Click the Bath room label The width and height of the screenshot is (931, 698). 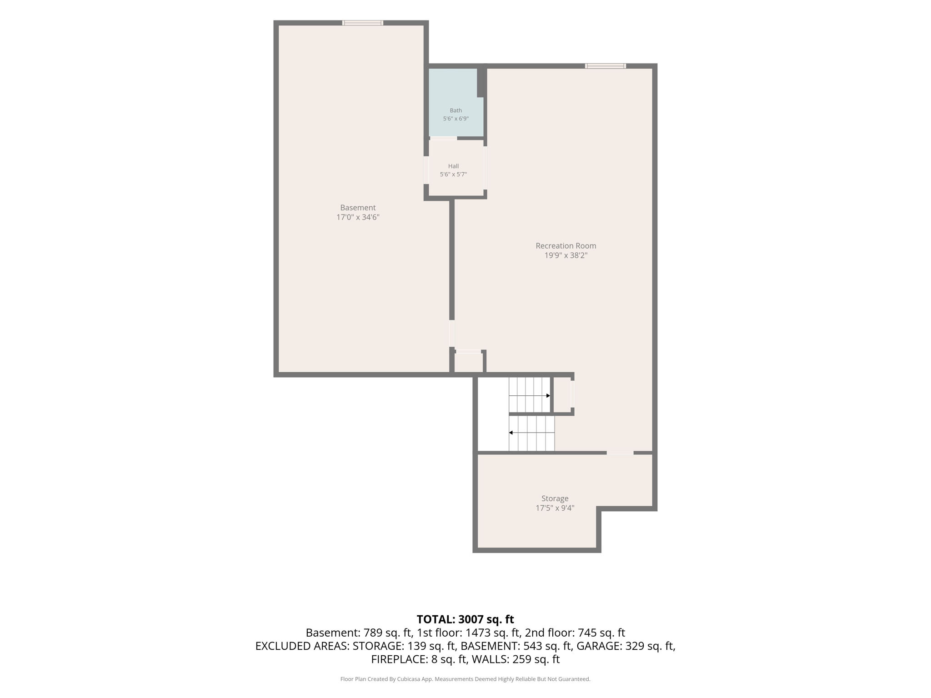455,110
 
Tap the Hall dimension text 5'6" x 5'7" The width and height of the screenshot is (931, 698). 453,174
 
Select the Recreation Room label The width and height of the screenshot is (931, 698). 566,246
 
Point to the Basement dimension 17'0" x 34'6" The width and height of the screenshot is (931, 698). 358,217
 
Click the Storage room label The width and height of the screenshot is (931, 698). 555,499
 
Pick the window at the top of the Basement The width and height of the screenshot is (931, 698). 362,23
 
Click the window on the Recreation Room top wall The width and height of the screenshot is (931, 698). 605,66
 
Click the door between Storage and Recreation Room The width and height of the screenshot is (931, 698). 620,453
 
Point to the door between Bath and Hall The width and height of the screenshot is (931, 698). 444,138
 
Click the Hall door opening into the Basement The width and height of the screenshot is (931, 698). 426,170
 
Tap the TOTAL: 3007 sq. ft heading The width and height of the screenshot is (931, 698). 465,619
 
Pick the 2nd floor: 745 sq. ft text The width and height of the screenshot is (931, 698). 575,633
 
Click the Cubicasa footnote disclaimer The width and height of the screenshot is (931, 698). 465,679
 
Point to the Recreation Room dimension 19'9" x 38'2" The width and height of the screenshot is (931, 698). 566,255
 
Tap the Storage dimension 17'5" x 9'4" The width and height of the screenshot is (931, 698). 555,508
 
